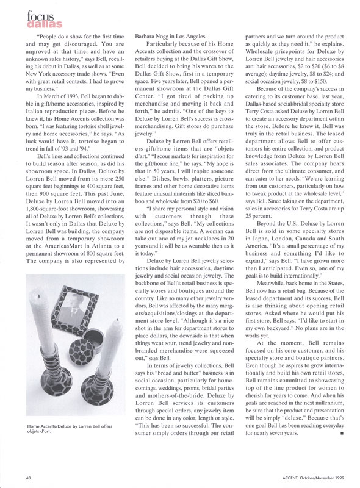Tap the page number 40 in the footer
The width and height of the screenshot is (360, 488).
27,476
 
